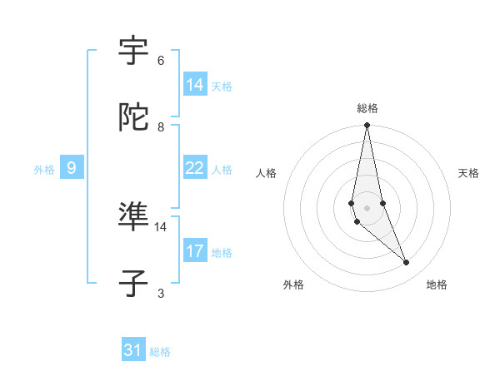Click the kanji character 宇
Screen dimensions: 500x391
(134, 52)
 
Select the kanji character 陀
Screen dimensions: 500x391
(134, 118)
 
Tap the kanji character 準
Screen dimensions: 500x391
(134, 218)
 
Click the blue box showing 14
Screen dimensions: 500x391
(195, 85)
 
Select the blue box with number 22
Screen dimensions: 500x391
(195, 168)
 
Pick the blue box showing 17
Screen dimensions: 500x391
(195, 251)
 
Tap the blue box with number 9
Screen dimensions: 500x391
(72, 168)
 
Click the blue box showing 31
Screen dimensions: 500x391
(133, 351)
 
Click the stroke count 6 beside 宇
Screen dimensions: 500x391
(161, 61)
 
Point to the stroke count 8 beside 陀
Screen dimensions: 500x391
(161, 127)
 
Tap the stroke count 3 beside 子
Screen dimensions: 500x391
(161, 294)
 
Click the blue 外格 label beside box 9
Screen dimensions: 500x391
(44, 170)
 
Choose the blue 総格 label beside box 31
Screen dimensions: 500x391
(160, 353)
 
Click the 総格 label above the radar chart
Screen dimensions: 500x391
(367, 108)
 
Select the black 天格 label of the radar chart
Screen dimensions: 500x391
(469, 173)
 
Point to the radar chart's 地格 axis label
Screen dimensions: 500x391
(437, 285)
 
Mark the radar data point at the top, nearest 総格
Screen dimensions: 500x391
(367, 126)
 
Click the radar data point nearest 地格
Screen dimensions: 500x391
(407, 263)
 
